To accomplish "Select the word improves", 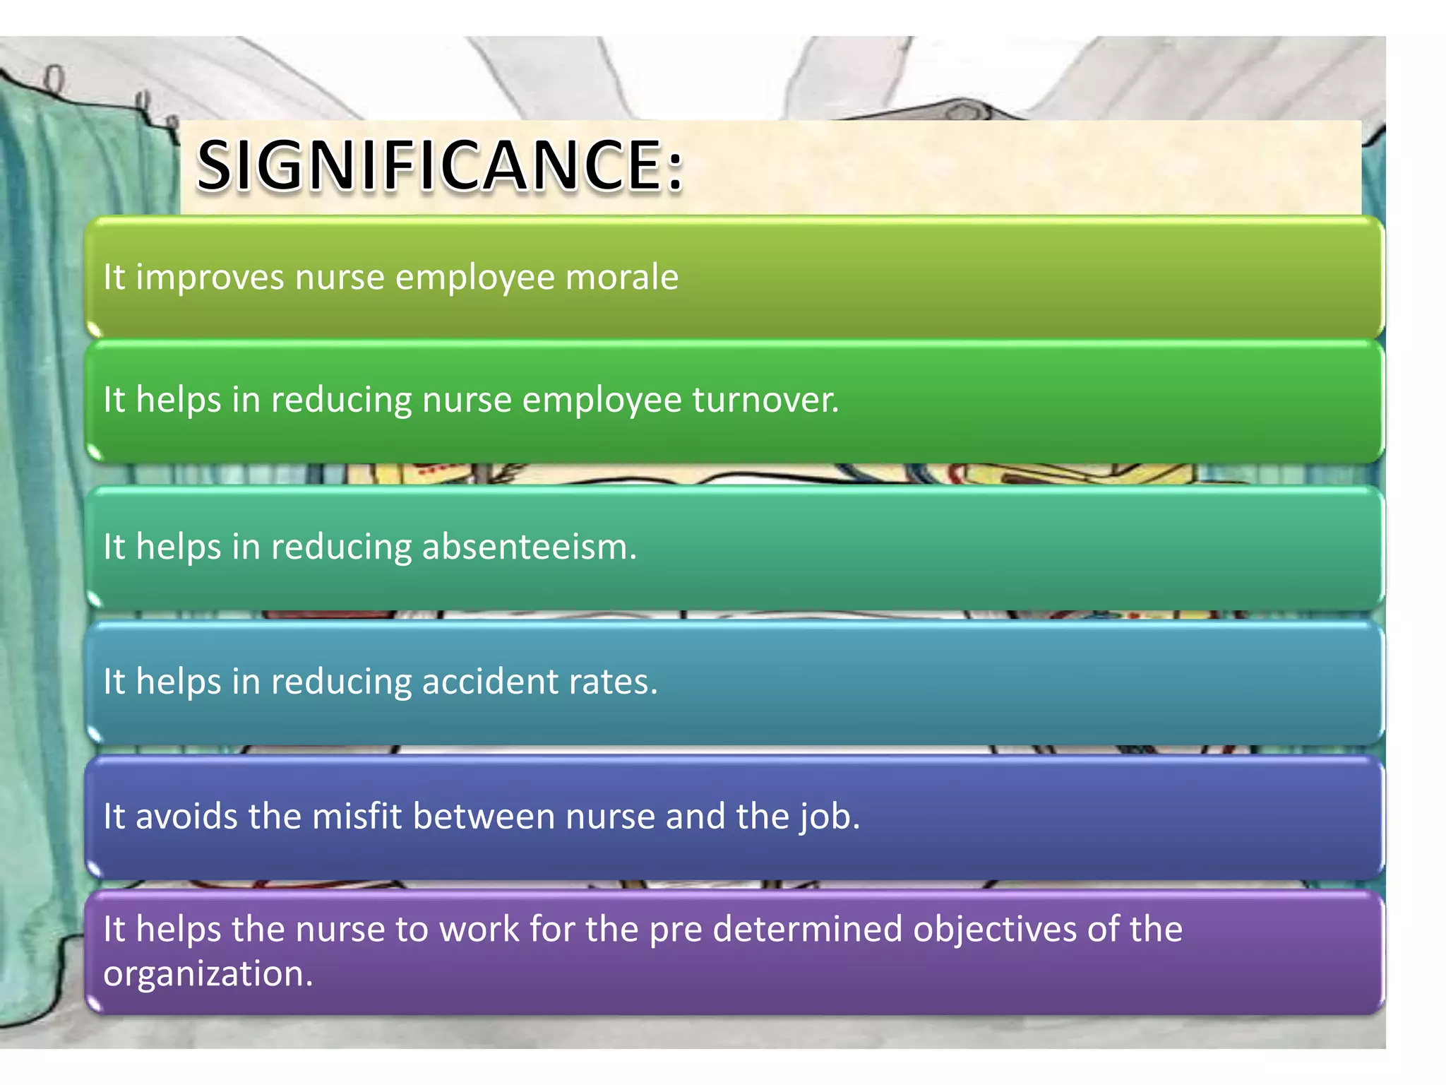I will click(210, 277).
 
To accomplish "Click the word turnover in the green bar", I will click(765, 400).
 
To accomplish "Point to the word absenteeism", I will click(529, 547).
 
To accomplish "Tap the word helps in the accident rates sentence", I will click(178, 682).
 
